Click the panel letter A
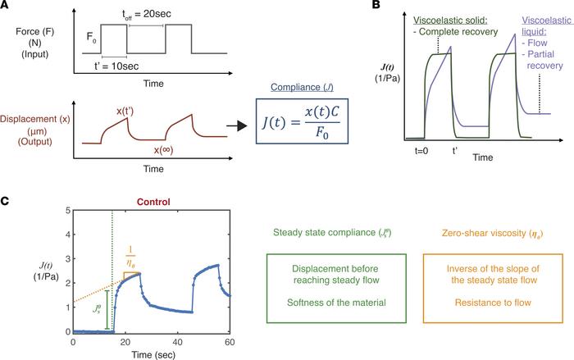7,7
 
